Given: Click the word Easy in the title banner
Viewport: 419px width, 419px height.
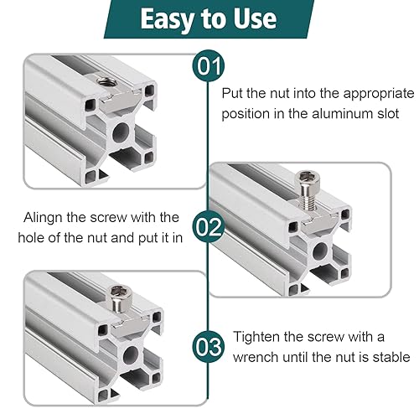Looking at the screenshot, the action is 168,19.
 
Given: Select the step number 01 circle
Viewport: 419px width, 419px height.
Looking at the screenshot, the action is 209,66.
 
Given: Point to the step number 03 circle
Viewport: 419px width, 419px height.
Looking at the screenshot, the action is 209,347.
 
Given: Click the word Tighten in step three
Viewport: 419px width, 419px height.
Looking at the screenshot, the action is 256,337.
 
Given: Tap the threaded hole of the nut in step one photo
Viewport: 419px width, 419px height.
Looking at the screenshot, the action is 104,81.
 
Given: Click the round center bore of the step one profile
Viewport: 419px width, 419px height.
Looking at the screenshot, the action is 121,132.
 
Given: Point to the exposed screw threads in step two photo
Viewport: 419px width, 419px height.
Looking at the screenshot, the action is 308,199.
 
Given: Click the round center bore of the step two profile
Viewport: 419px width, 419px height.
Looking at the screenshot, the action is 320,251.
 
